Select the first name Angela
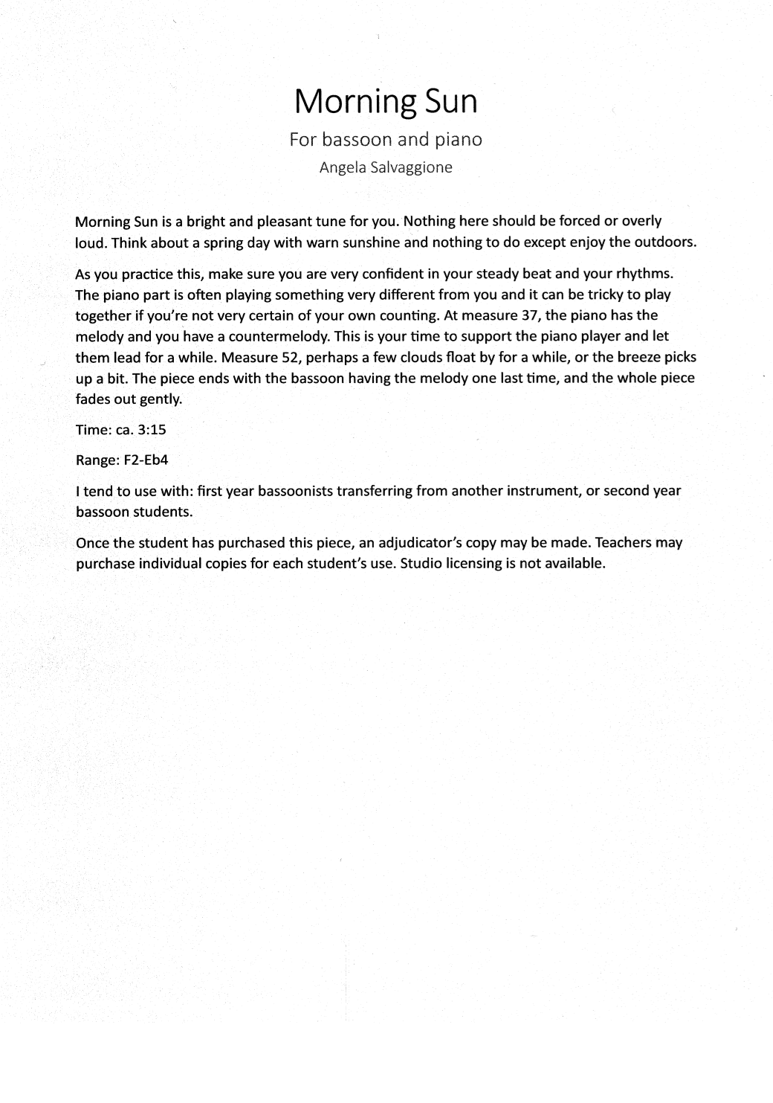(338, 167)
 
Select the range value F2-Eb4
(145, 460)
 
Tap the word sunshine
(373, 242)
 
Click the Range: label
(94, 460)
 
